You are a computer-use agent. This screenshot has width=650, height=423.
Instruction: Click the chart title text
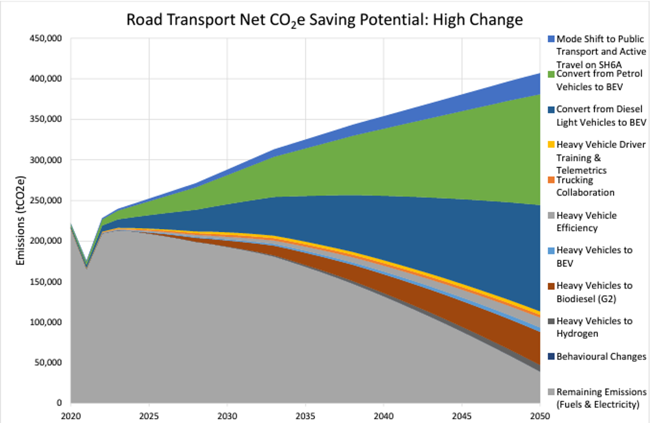[x=324, y=20]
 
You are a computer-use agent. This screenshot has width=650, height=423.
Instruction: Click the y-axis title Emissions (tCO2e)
[x=21, y=220]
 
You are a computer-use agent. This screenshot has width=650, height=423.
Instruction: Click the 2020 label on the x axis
[x=70, y=415]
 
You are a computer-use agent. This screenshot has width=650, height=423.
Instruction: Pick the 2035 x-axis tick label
[x=305, y=415]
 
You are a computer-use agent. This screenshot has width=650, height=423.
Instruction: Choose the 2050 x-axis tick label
[x=539, y=415]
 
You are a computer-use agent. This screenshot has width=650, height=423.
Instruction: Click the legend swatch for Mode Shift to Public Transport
[x=551, y=40]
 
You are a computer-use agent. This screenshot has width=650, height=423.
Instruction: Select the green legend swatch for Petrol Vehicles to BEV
[x=551, y=74]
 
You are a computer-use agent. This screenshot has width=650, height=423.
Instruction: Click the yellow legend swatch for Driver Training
[x=551, y=145]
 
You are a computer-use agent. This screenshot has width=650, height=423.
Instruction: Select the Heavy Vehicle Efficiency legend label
[x=587, y=222]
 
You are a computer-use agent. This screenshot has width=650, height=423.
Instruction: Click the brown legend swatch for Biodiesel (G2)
[x=551, y=286]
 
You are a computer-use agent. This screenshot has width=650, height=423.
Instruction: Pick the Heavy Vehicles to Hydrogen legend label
[x=594, y=327]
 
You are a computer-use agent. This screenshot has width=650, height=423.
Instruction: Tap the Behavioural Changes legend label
[x=601, y=356]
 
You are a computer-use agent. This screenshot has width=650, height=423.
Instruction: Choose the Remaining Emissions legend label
[x=601, y=398]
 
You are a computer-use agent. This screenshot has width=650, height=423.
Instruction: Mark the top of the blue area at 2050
[x=539, y=74]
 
